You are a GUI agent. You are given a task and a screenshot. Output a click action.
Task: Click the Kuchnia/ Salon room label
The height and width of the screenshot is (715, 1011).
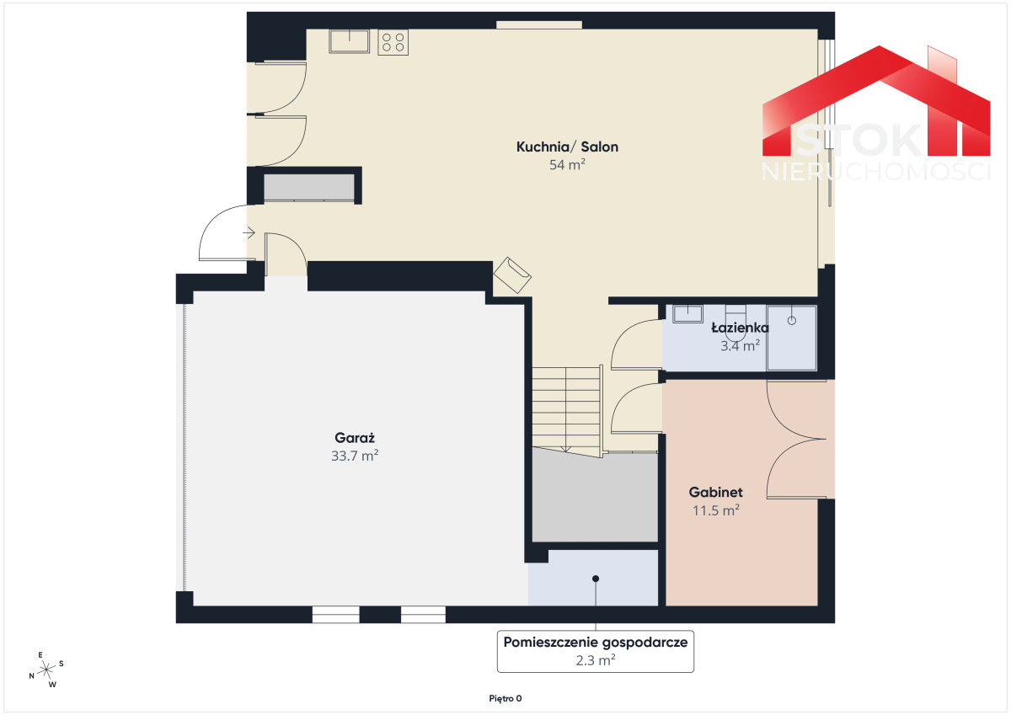click(x=567, y=147)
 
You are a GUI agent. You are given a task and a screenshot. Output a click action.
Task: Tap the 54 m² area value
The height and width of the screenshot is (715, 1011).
click(x=567, y=165)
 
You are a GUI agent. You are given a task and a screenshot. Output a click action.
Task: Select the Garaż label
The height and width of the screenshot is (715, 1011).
click(x=355, y=438)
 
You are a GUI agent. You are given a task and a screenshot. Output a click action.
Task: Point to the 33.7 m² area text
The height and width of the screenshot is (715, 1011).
click(x=355, y=456)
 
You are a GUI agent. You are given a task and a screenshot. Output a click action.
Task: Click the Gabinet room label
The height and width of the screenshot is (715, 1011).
click(x=715, y=492)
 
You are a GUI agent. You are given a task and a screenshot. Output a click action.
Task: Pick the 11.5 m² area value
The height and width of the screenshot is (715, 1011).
click(x=715, y=510)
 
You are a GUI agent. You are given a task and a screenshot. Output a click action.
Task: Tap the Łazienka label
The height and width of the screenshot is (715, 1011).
click(x=740, y=328)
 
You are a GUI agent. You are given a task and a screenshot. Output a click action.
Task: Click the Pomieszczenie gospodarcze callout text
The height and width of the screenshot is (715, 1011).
click(x=596, y=643)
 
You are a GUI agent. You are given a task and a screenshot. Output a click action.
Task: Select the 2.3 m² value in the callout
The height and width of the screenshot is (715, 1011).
click(x=596, y=660)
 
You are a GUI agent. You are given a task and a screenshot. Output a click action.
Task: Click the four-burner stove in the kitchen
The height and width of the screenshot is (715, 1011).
click(x=393, y=42)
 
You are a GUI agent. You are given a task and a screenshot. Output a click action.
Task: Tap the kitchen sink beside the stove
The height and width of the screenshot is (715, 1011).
click(x=349, y=41)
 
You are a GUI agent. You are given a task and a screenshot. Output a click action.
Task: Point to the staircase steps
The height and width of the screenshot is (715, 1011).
click(x=566, y=409)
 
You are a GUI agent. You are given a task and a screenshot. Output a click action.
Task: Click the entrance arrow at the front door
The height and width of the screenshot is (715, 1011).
click(x=249, y=232)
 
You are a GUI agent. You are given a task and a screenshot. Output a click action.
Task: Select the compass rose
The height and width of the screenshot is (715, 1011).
click(x=46, y=670)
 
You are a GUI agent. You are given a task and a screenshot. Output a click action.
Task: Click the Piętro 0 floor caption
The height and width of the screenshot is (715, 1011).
click(x=505, y=698)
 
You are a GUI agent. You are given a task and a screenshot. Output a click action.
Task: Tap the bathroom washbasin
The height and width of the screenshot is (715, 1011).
click(x=687, y=313)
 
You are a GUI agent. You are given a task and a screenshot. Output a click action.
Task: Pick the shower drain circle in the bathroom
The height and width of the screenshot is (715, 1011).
click(x=792, y=320)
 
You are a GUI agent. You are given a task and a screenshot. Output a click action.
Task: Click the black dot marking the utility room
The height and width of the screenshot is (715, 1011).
click(x=596, y=579)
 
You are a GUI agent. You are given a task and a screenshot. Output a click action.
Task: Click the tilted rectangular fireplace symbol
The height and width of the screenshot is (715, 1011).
click(x=512, y=275)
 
